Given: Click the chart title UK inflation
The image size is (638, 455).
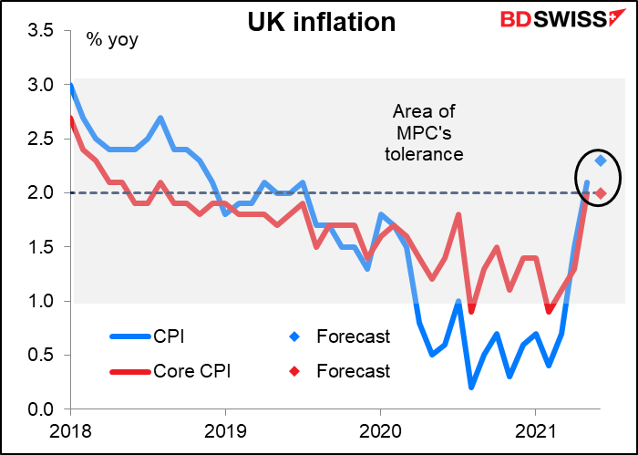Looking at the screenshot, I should tap(322, 22).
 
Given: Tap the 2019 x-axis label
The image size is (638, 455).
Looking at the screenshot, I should tap(224, 429).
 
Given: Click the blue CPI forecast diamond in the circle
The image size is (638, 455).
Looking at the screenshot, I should tap(601, 160).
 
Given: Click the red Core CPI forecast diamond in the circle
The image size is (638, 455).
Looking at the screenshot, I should tap(601, 192).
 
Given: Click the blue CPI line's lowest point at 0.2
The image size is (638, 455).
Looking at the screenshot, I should tap(471, 388).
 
